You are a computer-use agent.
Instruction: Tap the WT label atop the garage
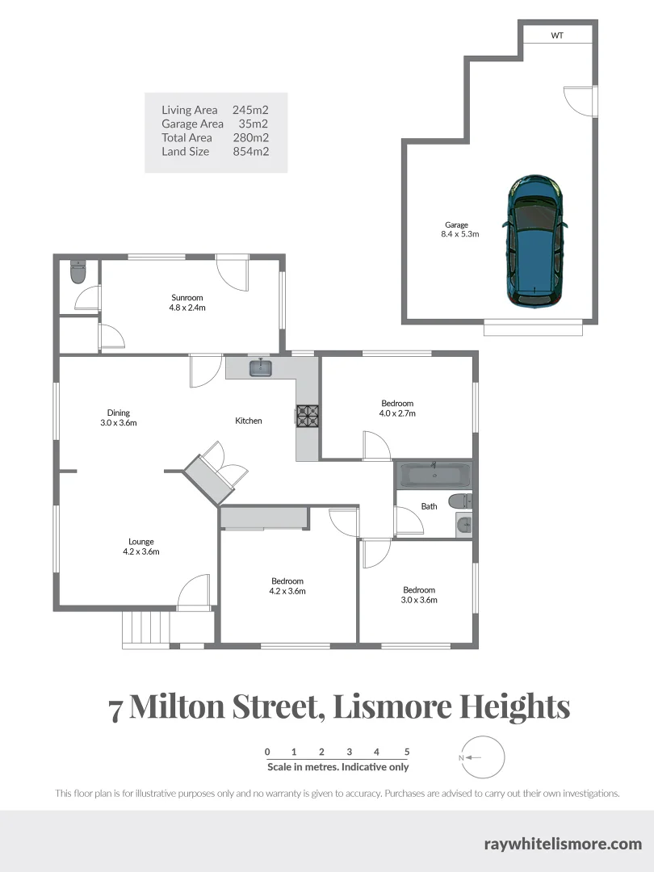(x=557, y=36)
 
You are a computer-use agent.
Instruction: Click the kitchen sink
(x=261, y=368)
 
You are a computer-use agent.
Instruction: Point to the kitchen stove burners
(x=308, y=415)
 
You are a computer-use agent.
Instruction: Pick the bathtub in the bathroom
(x=434, y=474)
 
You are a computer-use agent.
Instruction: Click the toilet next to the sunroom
(x=78, y=272)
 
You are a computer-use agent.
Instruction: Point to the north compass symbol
(x=482, y=757)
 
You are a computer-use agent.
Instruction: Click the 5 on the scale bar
(x=407, y=752)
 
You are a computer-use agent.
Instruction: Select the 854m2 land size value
(x=250, y=151)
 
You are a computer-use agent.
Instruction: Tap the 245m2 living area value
(x=250, y=110)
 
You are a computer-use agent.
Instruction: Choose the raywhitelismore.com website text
(x=563, y=844)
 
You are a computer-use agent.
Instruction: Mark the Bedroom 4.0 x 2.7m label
(x=397, y=408)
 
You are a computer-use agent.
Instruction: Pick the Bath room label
(x=429, y=506)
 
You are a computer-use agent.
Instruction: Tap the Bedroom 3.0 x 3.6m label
(x=419, y=595)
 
